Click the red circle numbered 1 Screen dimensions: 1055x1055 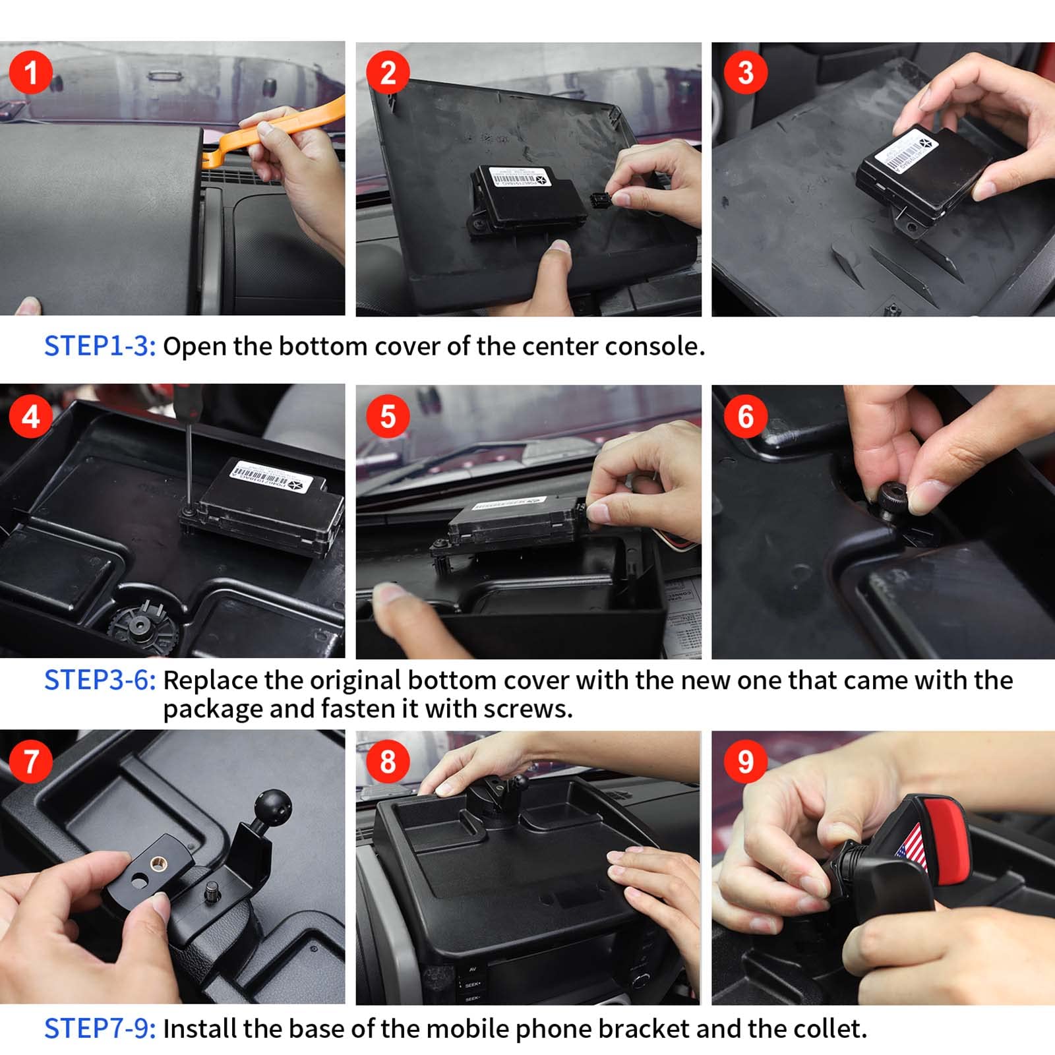[30, 73]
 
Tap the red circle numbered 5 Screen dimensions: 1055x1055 [388, 417]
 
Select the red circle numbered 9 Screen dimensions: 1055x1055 [745, 762]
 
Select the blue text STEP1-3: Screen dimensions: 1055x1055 [100, 346]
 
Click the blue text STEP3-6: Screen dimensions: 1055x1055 [100, 680]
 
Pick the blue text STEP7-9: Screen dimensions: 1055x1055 [100, 1029]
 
